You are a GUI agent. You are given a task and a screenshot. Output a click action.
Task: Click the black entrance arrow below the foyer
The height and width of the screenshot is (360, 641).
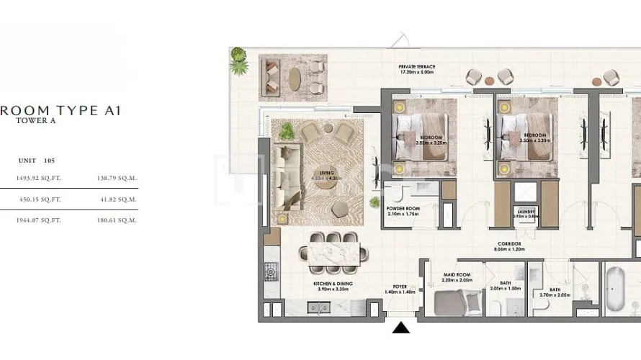click(402, 328)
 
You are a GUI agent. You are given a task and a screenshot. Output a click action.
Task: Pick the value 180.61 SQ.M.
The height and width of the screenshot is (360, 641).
click(117, 220)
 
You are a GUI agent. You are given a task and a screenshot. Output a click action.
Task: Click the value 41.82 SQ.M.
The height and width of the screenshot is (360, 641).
click(117, 199)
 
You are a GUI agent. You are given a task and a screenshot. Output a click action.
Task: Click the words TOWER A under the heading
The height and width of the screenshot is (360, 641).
click(35, 122)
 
